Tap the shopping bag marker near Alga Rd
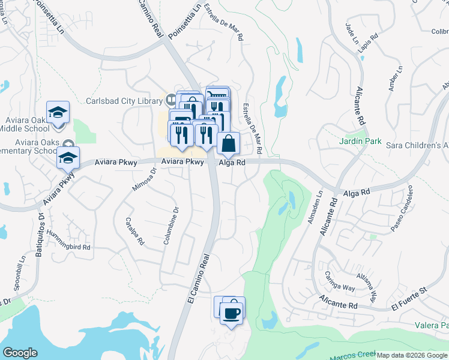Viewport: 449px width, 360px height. [228, 143]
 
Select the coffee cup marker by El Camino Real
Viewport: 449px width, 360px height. [231, 313]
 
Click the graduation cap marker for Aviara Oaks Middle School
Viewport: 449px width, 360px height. [58, 112]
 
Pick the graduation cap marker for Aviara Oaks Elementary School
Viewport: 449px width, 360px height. [68, 158]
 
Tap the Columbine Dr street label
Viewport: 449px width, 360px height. [171, 226]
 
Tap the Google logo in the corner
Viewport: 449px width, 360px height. [20, 353]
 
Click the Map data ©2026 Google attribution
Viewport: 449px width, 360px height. [412, 356]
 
